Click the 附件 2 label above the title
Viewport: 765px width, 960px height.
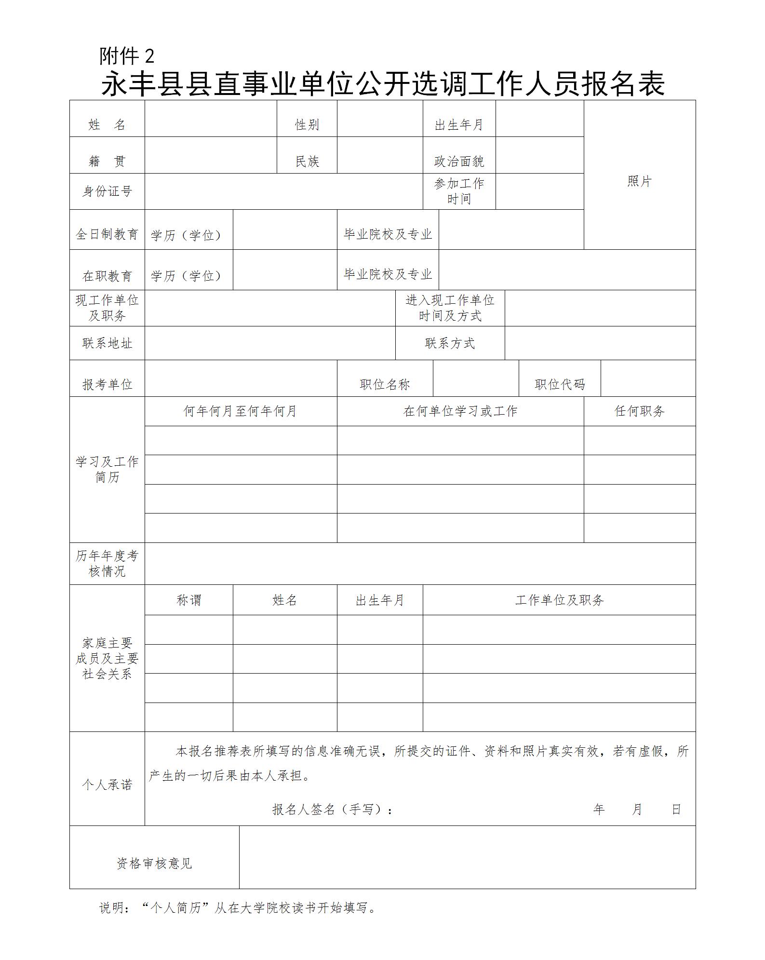tap(127, 56)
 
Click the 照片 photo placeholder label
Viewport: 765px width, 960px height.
tap(639, 181)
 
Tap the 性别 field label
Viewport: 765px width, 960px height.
tap(307, 125)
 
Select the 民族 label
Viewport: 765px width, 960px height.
tap(307, 162)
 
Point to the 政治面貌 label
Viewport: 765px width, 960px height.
tap(459, 162)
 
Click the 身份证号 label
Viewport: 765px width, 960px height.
tap(107, 191)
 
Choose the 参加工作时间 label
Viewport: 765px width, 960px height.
tap(459, 191)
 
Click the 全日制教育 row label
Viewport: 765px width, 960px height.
tap(107, 234)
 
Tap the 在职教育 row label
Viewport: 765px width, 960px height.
tap(107, 276)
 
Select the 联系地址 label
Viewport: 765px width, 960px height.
tap(107, 343)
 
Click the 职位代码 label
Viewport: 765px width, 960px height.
tap(560, 384)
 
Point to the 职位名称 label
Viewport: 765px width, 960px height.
tap(385, 384)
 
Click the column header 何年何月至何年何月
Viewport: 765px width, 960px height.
tap(240, 411)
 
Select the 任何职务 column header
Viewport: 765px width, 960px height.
tap(639, 411)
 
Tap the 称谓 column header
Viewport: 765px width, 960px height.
tap(188, 600)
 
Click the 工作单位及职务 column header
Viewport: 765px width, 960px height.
tap(559, 600)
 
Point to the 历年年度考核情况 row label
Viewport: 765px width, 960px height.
tap(107, 564)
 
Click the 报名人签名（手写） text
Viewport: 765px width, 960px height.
tap(333, 810)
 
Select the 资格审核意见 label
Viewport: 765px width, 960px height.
tap(154, 864)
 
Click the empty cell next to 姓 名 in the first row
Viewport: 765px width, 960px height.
tap(211, 119)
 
